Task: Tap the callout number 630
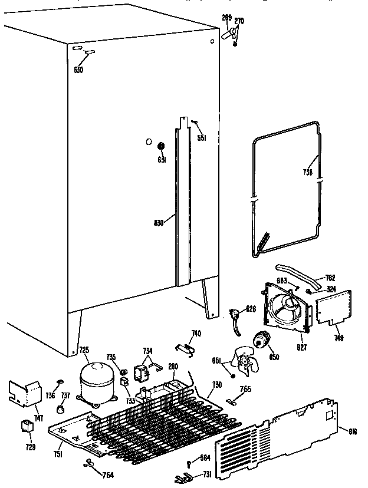78,70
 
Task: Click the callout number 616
353,432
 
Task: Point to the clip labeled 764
89,464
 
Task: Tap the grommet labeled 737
61,408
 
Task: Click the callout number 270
239,21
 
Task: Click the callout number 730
216,384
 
